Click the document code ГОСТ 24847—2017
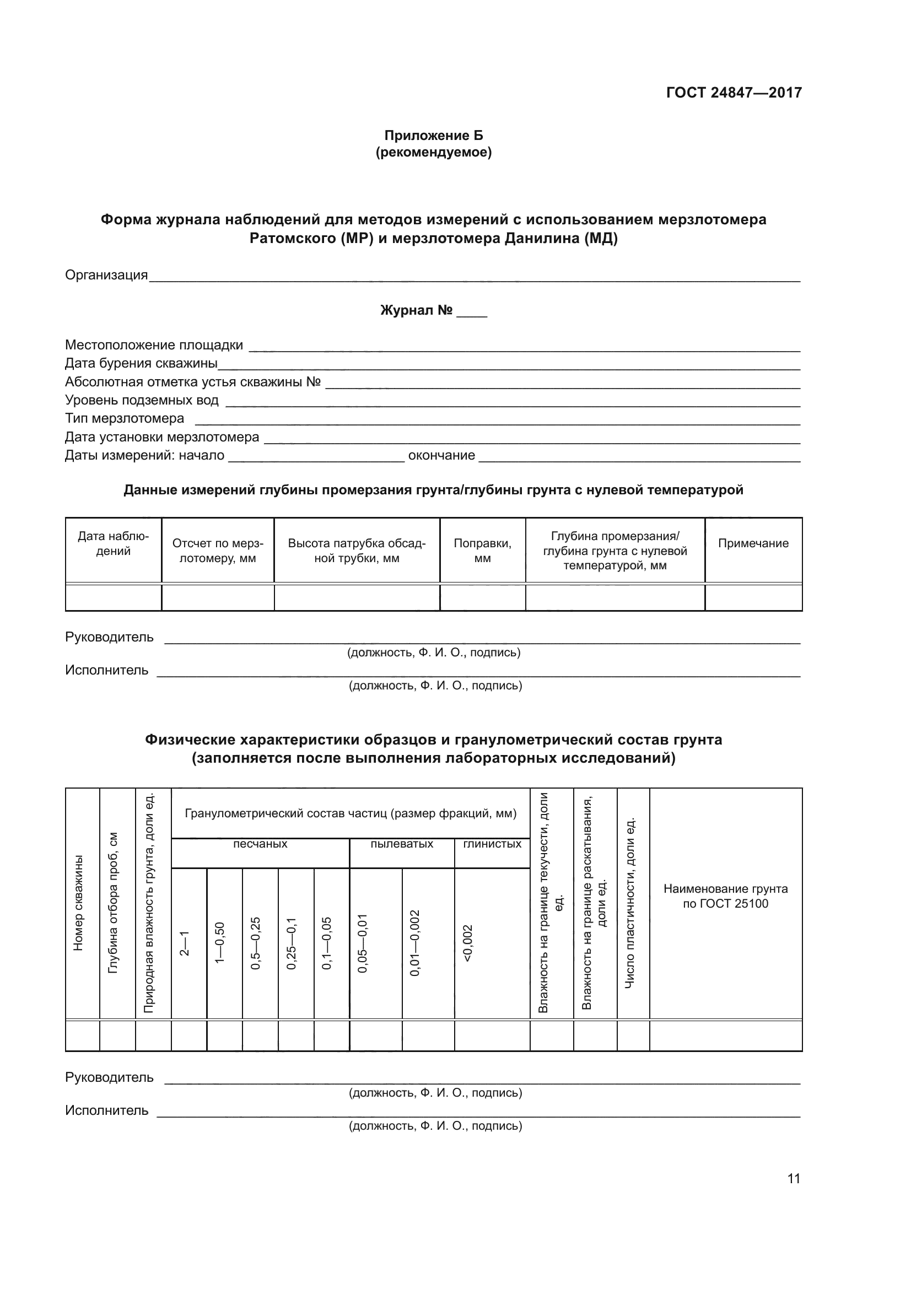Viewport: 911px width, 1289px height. click(x=734, y=93)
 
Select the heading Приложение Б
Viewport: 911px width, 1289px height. click(x=433, y=136)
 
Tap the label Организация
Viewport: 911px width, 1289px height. click(x=106, y=275)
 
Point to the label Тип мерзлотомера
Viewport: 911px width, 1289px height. click(x=124, y=418)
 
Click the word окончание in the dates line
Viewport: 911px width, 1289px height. click(x=441, y=455)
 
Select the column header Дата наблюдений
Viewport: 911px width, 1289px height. click(x=114, y=543)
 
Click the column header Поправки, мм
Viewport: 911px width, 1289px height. click(x=482, y=551)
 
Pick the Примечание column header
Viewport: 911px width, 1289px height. click(x=753, y=543)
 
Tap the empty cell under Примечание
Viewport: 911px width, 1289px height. click(x=753, y=597)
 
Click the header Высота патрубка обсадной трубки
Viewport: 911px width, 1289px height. click(x=357, y=551)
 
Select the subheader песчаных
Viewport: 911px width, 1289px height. click(x=260, y=844)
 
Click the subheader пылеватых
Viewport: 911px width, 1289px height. click(x=401, y=844)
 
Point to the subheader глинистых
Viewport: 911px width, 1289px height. click(x=492, y=844)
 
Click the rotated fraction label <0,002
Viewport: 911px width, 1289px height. click(x=468, y=942)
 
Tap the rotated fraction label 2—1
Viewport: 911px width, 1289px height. click(x=184, y=942)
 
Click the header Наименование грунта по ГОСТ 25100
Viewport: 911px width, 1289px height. click(x=725, y=896)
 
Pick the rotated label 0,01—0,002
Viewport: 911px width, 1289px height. click(x=415, y=942)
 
